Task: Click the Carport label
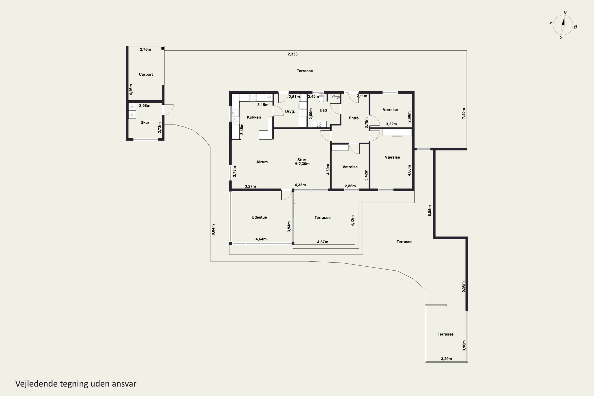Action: pyautogui.click(x=146, y=74)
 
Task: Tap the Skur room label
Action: pyautogui.click(x=145, y=122)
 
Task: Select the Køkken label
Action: pyautogui.click(x=254, y=117)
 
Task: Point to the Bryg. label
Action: pyautogui.click(x=290, y=111)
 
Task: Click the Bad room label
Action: pyautogui.click(x=323, y=110)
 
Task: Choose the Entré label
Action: pyautogui.click(x=354, y=118)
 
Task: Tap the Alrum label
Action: pyautogui.click(x=262, y=162)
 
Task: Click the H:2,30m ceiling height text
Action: pyautogui.click(x=302, y=164)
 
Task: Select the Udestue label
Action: pyautogui.click(x=259, y=217)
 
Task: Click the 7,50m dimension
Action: pyautogui.click(x=464, y=113)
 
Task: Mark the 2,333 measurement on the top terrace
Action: pyautogui.click(x=292, y=54)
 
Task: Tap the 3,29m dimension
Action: pyautogui.click(x=446, y=359)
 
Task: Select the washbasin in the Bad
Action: pyautogui.click(x=319, y=124)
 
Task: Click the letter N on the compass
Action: pyautogui.click(x=565, y=13)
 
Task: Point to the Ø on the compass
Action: pyautogui.click(x=575, y=27)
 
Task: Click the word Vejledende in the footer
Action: pyautogui.click(x=36, y=384)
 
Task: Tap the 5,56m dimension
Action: pyautogui.click(x=463, y=287)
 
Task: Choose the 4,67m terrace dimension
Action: pyautogui.click(x=323, y=242)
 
